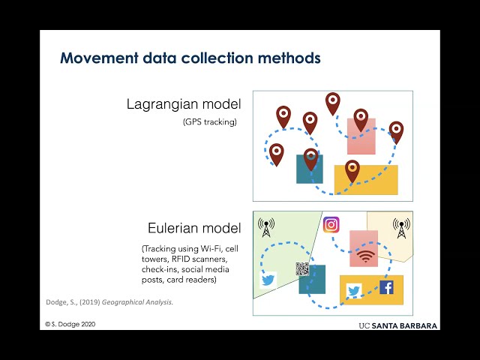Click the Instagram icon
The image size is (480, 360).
(x=331, y=225)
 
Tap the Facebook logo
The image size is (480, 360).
(x=386, y=287)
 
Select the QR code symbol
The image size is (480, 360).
(x=302, y=268)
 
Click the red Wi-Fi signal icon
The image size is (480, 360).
(x=365, y=256)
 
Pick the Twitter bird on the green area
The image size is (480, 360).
(x=268, y=280)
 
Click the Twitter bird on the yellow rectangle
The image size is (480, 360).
(x=353, y=291)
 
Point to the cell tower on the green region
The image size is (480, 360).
(x=266, y=227)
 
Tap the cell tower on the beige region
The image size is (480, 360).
(x=401, y=228)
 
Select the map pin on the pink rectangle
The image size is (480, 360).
(x=361, y=120)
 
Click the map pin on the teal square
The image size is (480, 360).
(x=310, y=160)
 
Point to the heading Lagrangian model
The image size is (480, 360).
(x=184, y=104)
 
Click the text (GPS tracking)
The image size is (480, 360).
(x=210, y=121)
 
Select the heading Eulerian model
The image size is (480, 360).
(x=194, y=228)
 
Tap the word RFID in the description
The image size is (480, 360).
(x=181, y=259)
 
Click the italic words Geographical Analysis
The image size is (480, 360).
(x=137, y=302)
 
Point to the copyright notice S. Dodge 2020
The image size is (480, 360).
(x=70, y=324)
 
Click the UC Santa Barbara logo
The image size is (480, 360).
(x=398, y=325)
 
